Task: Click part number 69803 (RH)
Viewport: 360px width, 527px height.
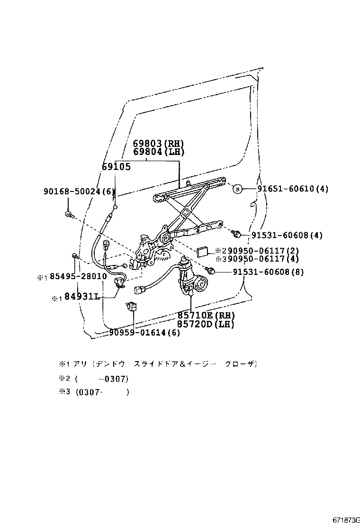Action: point(158,144)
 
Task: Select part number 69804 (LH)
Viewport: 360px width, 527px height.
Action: point(158,152)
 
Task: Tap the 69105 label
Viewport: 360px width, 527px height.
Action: point(116,167)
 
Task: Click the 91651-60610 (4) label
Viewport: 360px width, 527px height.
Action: point(293,189)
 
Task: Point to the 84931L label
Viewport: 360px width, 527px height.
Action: point(81,297)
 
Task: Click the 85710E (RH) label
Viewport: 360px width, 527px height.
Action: point(206,316)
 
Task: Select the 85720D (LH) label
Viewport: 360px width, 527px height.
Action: point(206,324)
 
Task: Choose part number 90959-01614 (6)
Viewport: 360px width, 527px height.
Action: point(144,333)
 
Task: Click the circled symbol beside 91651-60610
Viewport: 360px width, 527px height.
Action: point(237,189)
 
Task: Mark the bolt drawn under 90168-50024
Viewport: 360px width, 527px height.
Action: point(69,215)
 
